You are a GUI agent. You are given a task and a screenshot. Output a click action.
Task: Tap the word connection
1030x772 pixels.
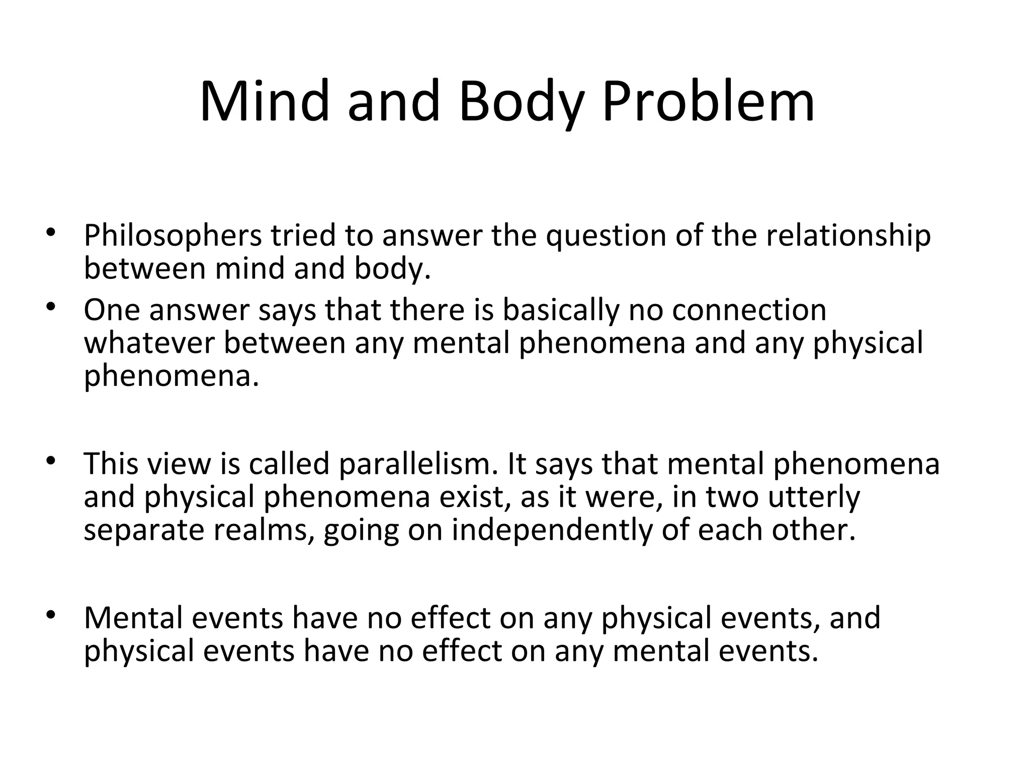(749, 310)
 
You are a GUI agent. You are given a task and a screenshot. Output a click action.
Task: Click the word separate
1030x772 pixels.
(144, 530)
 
